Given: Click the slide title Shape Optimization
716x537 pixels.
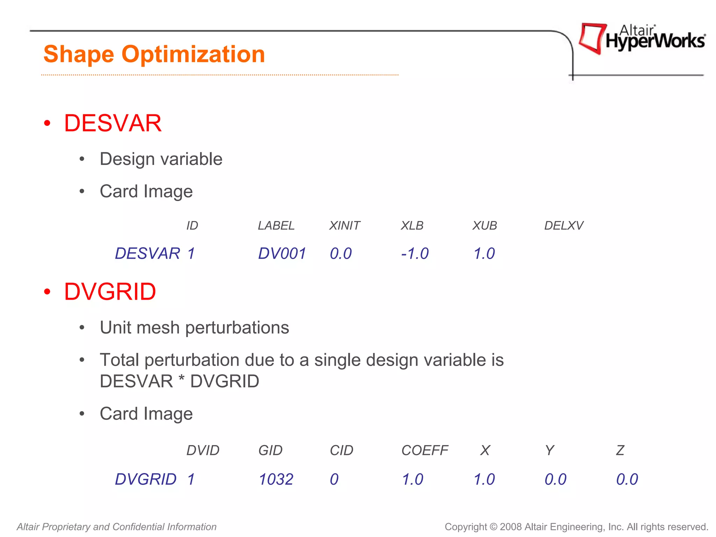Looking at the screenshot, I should [154, 54].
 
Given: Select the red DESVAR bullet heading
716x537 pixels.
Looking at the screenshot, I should [113, 123].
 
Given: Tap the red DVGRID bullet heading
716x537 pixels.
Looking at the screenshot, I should [110, 292].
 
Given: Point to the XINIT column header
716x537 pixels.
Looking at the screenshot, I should [344, 226].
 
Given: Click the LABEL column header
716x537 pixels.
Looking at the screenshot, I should [276, 226].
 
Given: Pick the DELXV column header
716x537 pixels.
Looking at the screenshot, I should [564, 226].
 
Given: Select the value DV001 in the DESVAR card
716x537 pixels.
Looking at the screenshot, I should [282, 253].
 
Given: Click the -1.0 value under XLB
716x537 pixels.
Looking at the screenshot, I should [415, 253].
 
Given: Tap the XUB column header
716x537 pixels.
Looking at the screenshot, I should [485, 226].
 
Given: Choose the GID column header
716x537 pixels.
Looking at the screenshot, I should [270, 450].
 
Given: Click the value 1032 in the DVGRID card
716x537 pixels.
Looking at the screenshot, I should [276, 479].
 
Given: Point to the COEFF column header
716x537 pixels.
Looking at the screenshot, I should [424, 450].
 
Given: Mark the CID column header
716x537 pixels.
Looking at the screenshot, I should [342, 450].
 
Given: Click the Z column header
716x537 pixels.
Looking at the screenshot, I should [620, 450].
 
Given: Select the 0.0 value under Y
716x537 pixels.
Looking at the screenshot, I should [556, 479].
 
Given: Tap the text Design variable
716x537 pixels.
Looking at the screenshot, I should [161, 159].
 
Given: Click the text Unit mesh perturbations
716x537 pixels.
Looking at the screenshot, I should [194, 328].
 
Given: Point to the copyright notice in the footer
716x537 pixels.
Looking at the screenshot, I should [576, 527].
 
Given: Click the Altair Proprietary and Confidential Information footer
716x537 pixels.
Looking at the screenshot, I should [117, 527].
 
